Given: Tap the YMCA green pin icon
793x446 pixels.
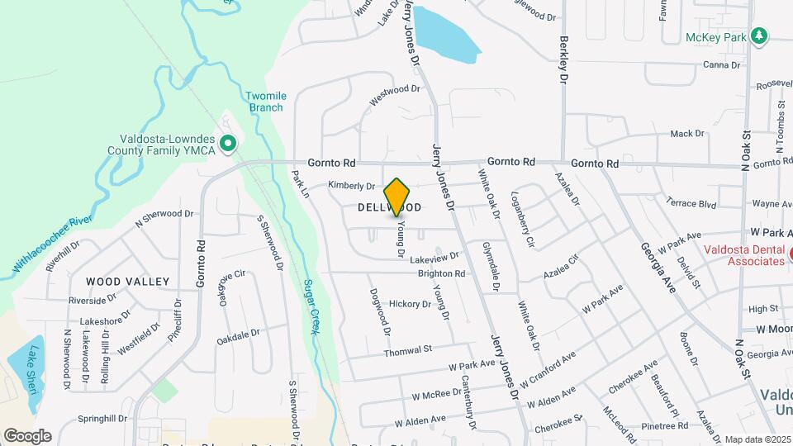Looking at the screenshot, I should [x=229, y=144].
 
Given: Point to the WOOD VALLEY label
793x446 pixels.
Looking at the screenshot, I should [x=127, y=282].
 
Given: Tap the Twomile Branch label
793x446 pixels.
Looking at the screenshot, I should [x=264, y=102].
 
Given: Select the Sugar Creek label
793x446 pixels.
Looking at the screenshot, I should [x=311, y=306].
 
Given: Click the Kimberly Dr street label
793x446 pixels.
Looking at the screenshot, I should [x=352, y=186].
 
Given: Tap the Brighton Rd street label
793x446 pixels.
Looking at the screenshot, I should [x=442, y=273].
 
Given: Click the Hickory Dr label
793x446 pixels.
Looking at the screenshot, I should [x=411, y=304].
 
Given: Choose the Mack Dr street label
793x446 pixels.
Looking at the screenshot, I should [x=686, y=133].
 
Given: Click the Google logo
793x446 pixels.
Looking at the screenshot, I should [x=27, y=436].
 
